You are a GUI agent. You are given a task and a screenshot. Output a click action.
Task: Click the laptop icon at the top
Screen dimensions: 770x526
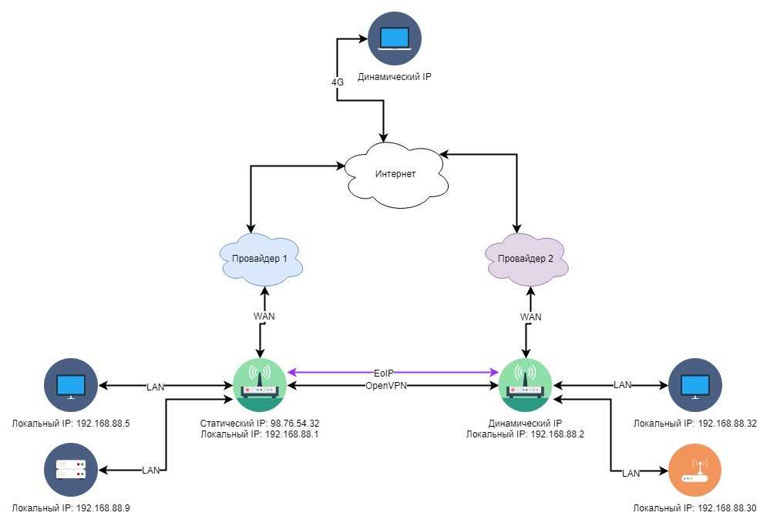pyautogui.click(x=395, y=39)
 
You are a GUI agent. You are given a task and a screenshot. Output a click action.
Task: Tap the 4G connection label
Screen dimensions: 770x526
pyautogui.click(x=338, y=82)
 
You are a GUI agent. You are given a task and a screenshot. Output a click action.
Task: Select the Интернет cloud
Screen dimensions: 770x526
pyautogui.click(x=396, y=175)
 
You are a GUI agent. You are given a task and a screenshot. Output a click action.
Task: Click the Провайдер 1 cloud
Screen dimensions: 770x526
pyautogui.click(x=261, y=259)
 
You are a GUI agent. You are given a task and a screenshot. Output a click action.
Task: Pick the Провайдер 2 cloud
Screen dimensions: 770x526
pyautogui.click(x=526, y=259)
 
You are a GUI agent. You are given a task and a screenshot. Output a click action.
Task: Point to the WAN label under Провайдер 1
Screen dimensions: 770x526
pyautogui.click(x=264, y=316)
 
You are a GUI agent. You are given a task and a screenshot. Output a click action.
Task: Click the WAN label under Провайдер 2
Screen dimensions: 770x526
pyautogui.click(x=531, y=317)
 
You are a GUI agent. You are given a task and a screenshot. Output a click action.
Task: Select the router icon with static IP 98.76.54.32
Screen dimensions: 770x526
pyautogui.click(x=260, y=385)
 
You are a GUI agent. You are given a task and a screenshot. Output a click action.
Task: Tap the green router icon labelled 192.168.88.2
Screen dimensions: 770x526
pyautogui.click(x=525, y=385)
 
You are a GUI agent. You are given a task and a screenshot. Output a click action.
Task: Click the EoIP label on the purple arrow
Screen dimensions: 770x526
pyautogui.click(x=384, y=374)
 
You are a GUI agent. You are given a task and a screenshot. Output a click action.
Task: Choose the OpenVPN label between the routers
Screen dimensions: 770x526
pyautogui.click(x=386, y=386)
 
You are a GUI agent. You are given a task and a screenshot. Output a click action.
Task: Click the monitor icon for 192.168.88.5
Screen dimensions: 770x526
pyautogui.click(x=71, y=385)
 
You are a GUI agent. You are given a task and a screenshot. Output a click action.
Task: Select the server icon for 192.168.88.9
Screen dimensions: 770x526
pyautogui.click(x=71, y=470)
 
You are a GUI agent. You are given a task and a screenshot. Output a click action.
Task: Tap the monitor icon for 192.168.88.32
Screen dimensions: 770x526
pyautogui.click(x=695, y=385)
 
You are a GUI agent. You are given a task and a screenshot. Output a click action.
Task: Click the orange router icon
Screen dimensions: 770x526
pyautogui.click(x=695, y=471)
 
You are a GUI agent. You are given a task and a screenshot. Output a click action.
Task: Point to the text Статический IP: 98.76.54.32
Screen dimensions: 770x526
pyautogui.click(x=260, y=423)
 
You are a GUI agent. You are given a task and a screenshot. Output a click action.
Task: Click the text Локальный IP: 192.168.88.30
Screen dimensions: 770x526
pyautogui.click(x=695, y=508)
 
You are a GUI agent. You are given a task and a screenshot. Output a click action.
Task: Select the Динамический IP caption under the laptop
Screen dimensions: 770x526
pyautogui.click(x=395, y=76)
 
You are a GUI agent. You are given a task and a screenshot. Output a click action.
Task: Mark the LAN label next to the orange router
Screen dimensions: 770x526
pyautogui.click(x=631, y=473)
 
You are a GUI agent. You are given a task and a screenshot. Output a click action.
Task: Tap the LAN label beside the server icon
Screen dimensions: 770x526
pyautogui.click(x=151, y=470)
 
